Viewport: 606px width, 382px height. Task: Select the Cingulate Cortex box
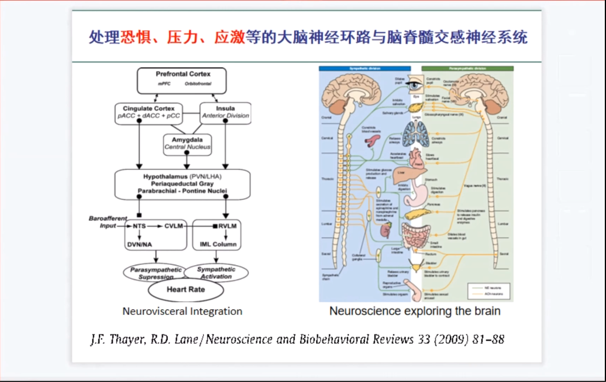[150, 112]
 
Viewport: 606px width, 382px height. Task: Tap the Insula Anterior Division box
[225, 112]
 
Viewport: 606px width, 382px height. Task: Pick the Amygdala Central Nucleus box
[187, 143]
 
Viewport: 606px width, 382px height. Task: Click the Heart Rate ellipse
[186, 289]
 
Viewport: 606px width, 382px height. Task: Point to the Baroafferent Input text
[107, 222]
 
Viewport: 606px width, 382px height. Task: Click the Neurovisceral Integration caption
[182, 311]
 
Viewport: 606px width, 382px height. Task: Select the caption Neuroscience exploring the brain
[414, 311]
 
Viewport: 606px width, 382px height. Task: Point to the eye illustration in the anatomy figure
[416, 85]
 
